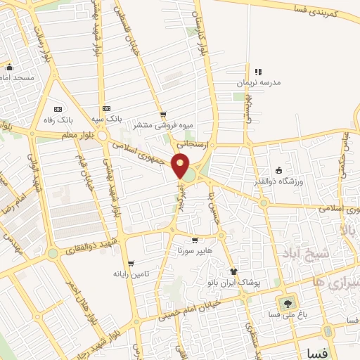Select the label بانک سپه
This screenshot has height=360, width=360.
click(x=106, y=119)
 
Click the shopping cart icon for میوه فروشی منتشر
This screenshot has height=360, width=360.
click(x=163, y=115)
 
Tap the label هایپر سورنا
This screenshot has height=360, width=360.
click(x=194, y=250)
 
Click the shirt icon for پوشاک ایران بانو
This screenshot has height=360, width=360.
click(x=233, y=271)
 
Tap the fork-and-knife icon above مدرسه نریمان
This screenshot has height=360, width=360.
click(x=258, y=72)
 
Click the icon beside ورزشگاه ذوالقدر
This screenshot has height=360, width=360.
click(x=279, y=170)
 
